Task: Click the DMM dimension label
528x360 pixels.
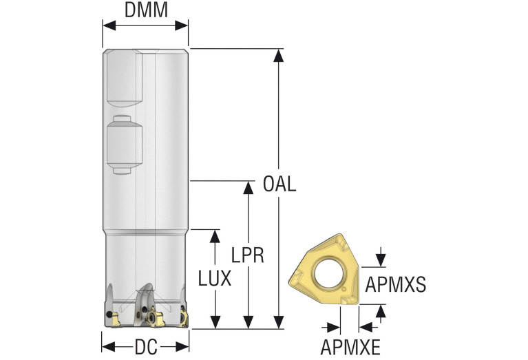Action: point(146,10)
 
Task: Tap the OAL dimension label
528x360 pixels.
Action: point(279,184)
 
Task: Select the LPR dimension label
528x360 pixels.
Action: point(248,255)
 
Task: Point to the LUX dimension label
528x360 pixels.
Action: point(215,279)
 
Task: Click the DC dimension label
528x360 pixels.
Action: point(146,347)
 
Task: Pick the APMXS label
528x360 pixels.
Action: point(396,284)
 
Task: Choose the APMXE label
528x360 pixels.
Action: point(350,347)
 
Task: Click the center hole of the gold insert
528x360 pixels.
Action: point(328,273)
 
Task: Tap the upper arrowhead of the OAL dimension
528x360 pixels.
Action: point(279,56)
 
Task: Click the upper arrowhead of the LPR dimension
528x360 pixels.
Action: point(249,188)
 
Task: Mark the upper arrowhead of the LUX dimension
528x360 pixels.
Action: point(215,236)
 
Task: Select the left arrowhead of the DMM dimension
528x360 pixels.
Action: point(109,25)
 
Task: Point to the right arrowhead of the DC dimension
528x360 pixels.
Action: point(182,347)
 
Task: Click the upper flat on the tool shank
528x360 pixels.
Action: point(124,78)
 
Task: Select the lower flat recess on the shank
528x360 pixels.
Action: point(124,145)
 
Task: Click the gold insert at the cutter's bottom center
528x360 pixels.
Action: point(155,317)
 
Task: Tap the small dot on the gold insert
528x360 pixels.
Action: point(343,289)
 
